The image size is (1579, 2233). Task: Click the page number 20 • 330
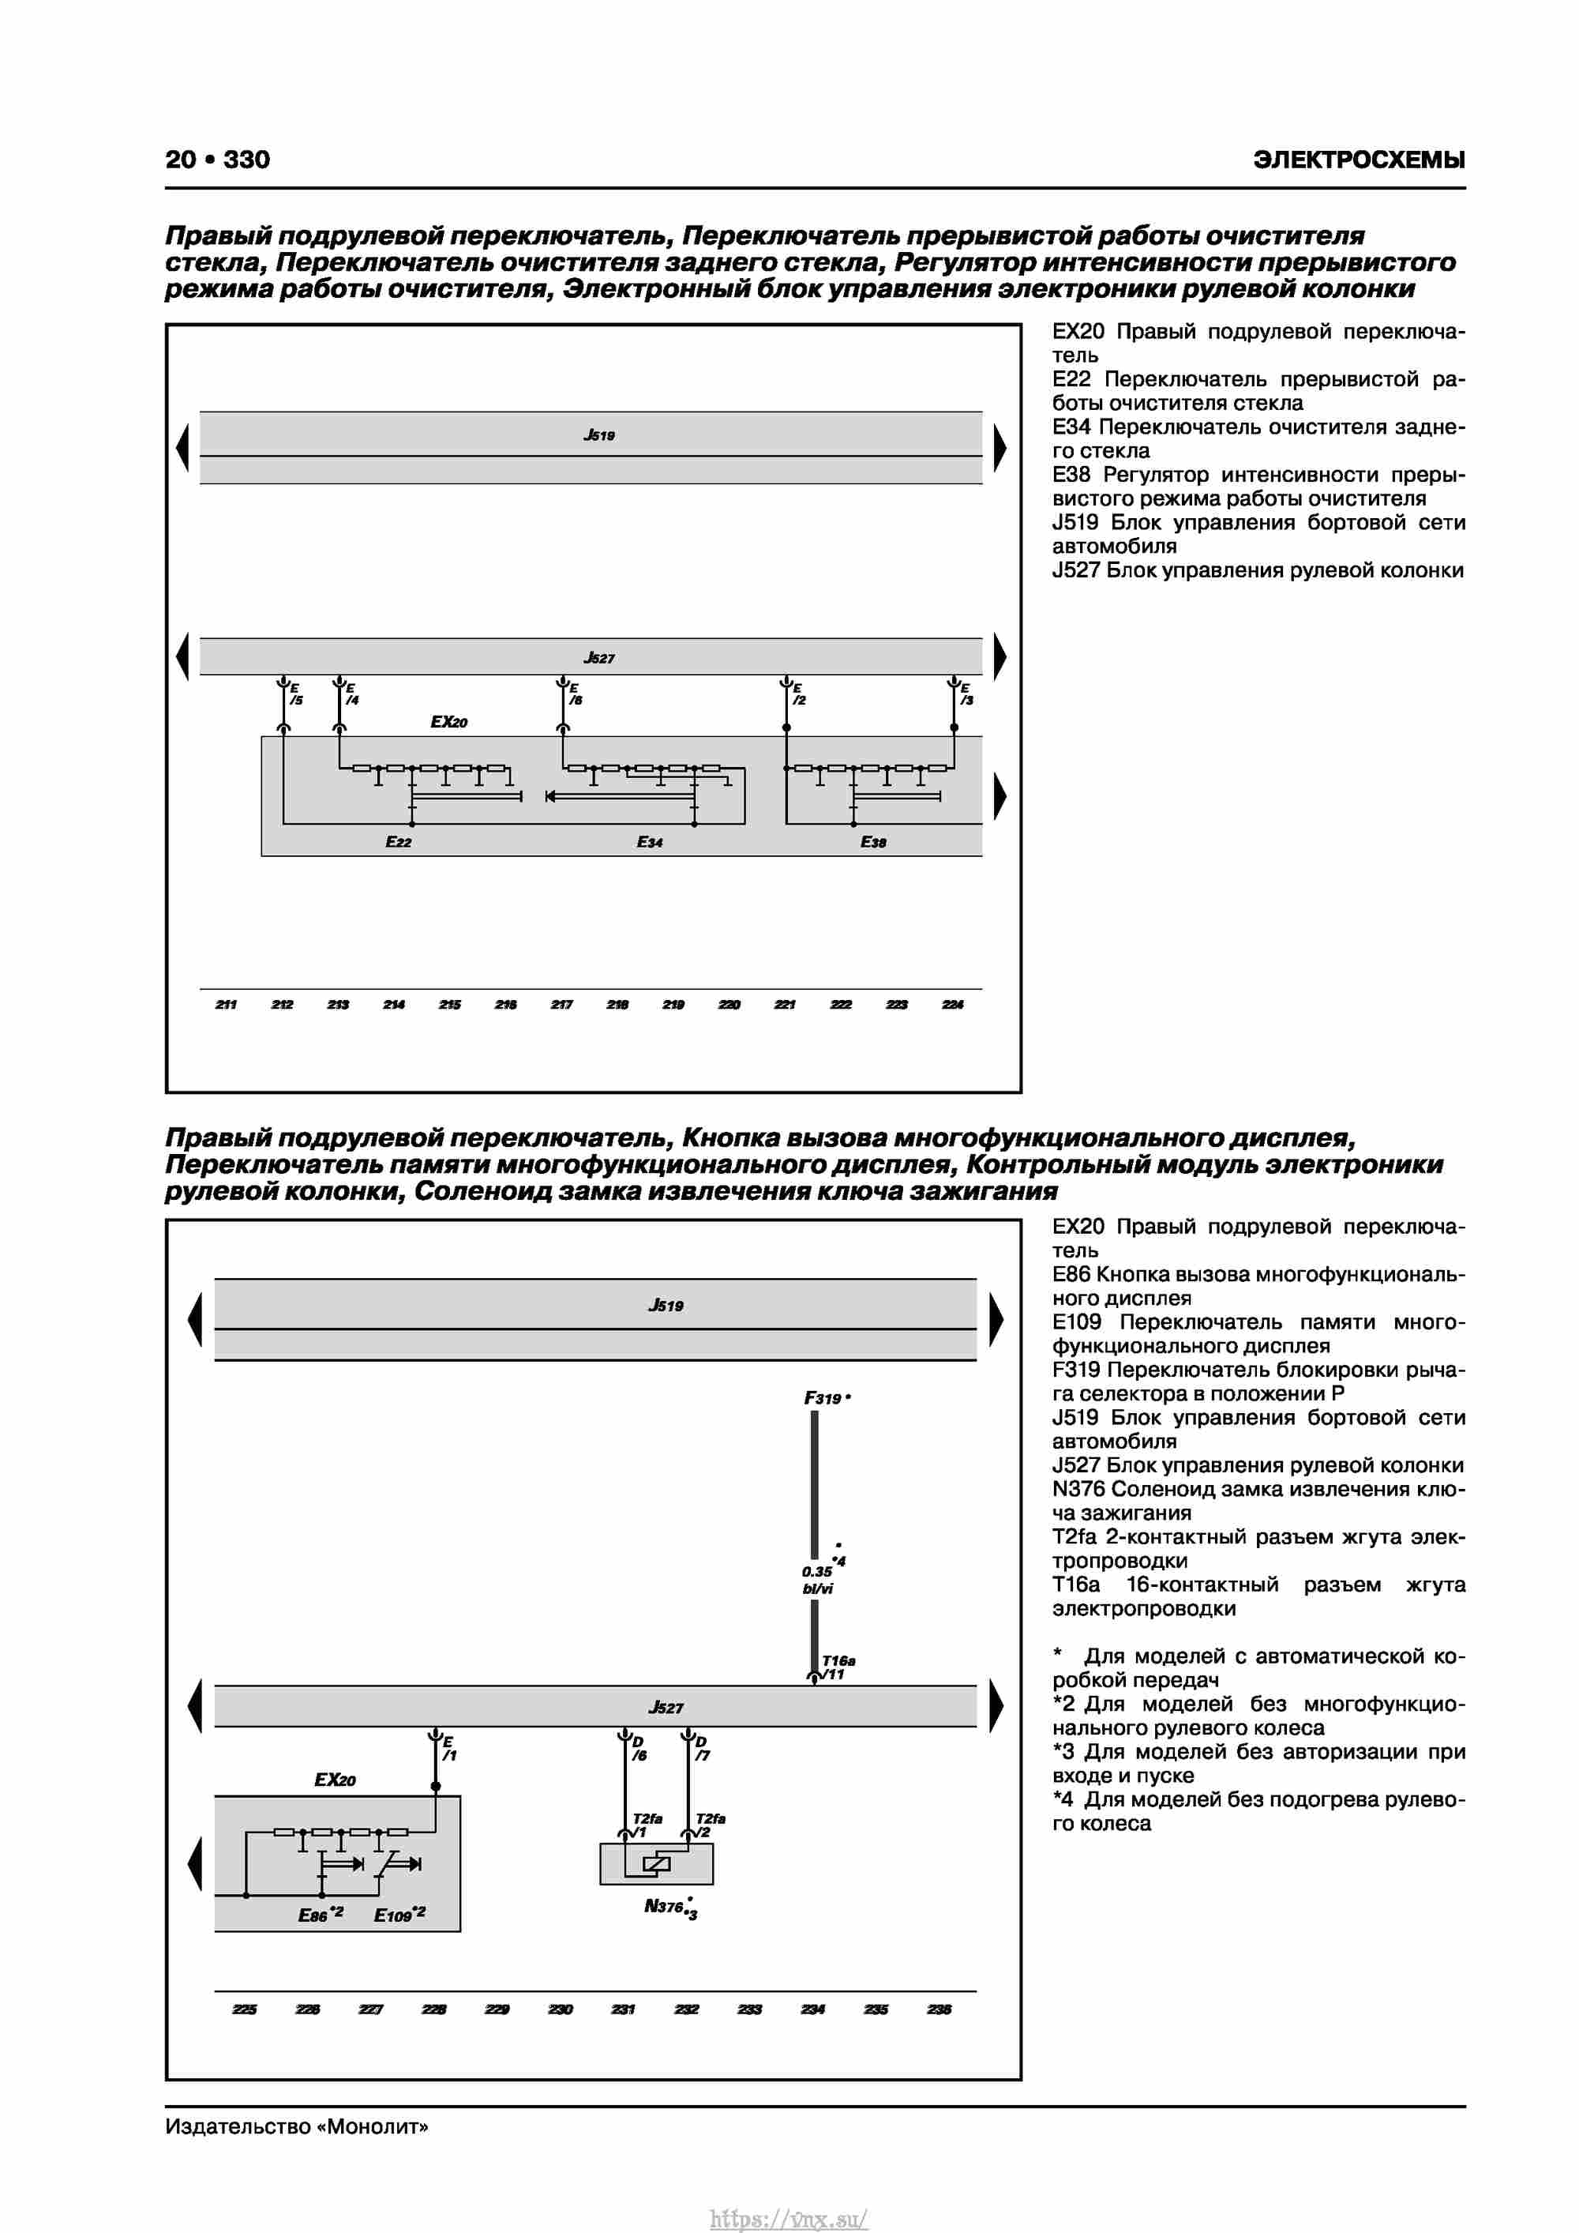[218, 160]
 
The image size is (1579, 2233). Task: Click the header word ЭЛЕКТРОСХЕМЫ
[1358, 160]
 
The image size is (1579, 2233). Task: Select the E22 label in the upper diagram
[399, 842]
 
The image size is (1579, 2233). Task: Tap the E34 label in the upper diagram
[650, 842]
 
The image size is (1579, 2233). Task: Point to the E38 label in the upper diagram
[873, 842]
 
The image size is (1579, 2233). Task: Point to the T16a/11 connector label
[836, 1667]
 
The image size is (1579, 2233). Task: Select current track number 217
[562, 1005]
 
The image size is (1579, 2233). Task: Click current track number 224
[953, 1005]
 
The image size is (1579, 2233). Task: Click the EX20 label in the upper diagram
[449, 722]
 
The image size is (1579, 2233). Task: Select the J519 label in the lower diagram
[666, 1305]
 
